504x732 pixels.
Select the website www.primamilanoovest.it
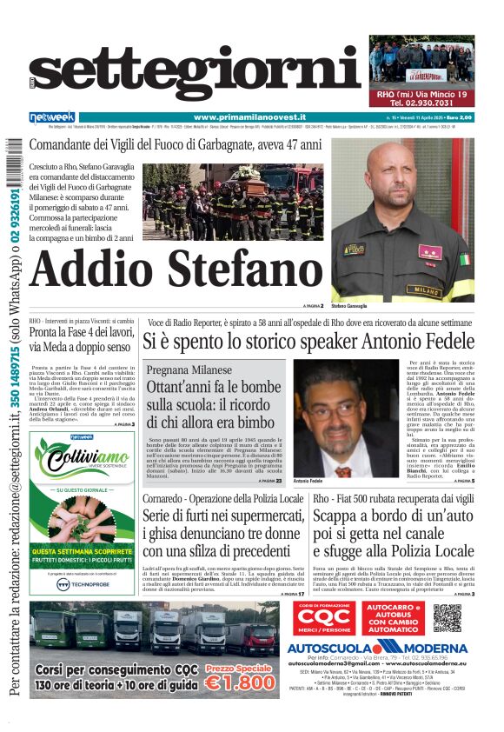tap(249, 117)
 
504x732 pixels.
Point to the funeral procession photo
tap(235, 203)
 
